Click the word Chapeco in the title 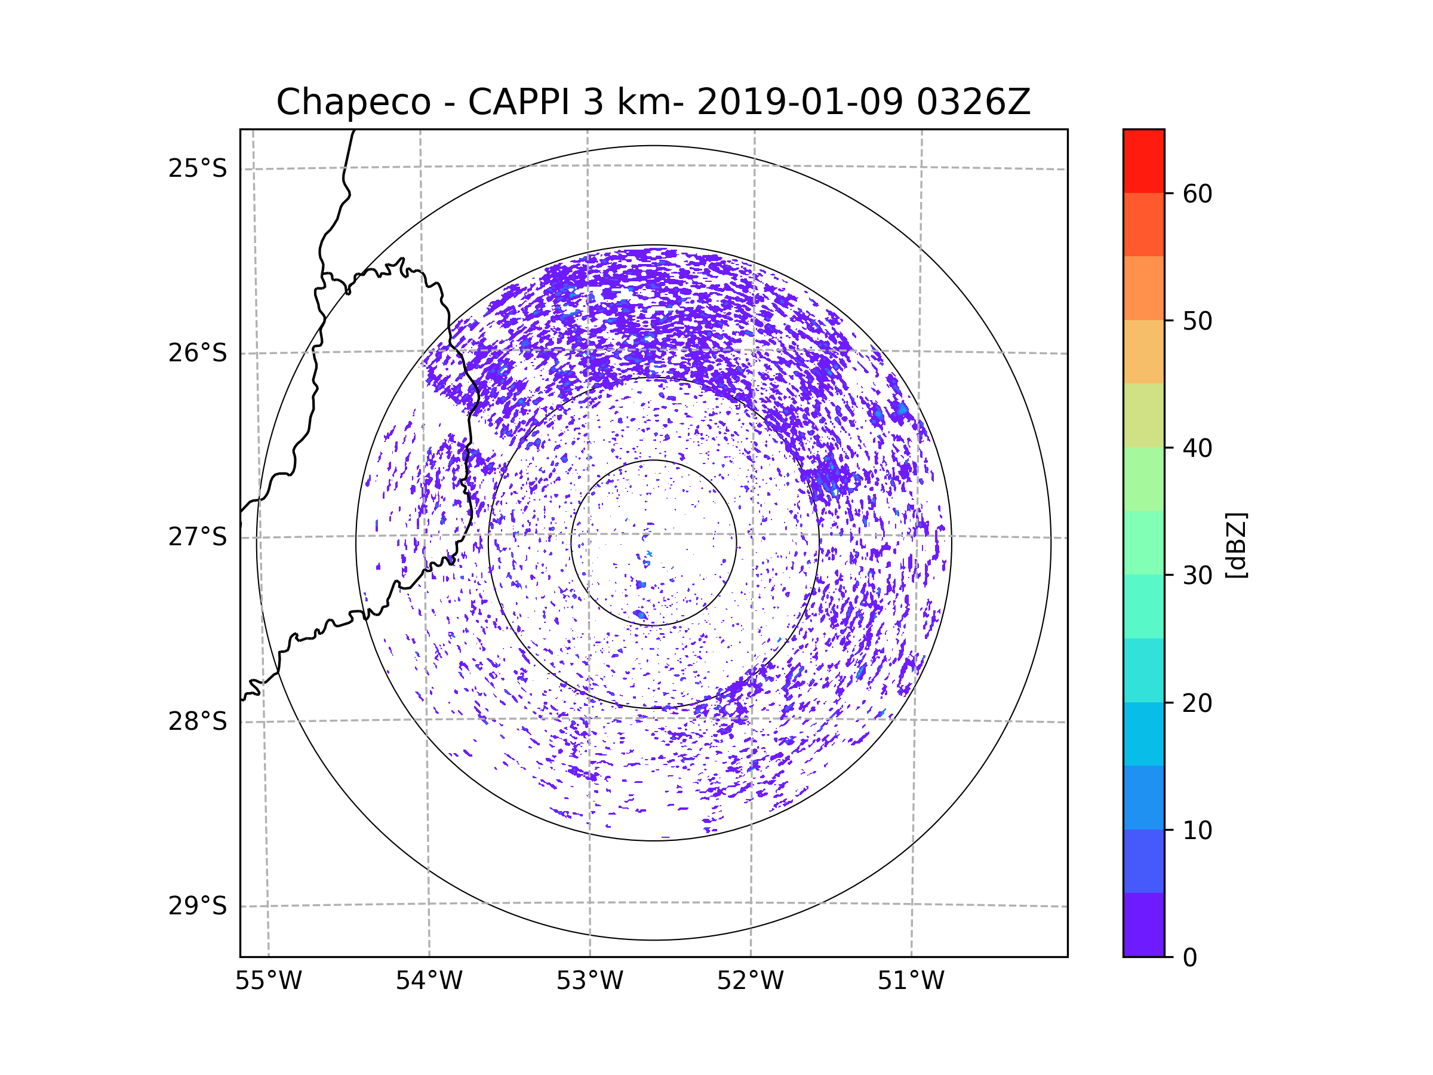[x=353, y=102]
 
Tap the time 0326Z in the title [x=973, y=102]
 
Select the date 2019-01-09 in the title [x=799, y=102]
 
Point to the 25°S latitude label [x=198, y=168]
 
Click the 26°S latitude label [x=198, y=353]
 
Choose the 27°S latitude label [x=198, y=537]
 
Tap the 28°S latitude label [x=198, y=721]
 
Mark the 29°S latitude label [x=198, y=906]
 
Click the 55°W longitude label [x=268, y=981]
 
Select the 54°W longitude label [x=429, y=981]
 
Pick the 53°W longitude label [x=589, y=981]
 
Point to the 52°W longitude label [x=750, y=981]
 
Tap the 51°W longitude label [x=911, y=981]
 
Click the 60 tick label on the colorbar [x=1197, y=193]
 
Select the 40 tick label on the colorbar [x=1197, y=449]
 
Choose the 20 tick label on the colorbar [x=1197, y=703]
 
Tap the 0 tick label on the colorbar [x=1190, y=958]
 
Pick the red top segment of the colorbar [x=1143, y=161]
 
